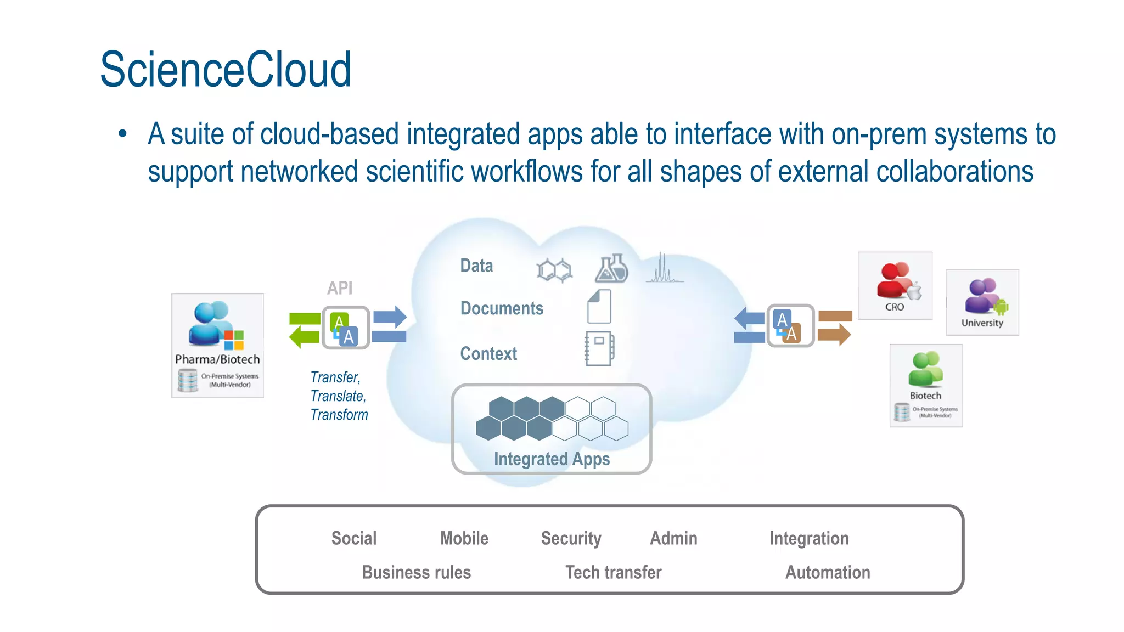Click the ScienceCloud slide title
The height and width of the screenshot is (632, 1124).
[225, 70]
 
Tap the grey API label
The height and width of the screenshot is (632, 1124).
[340, 288]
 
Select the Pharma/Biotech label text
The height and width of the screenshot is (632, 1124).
[217, 359]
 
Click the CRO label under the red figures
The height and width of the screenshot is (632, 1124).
[895, 307]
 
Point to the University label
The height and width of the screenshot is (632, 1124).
[982, 323]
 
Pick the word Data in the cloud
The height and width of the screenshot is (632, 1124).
[476, 266]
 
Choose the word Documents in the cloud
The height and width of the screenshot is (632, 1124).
[502, 308]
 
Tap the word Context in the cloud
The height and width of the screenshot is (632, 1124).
[488, 354]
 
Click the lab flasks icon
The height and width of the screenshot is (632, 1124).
[611, 268]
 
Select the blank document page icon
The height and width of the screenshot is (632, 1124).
[599, 307]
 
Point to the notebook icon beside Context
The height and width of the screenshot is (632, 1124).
[599, 348]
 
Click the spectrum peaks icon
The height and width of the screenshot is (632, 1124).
[664, 268]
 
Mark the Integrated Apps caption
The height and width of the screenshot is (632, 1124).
[552, 459]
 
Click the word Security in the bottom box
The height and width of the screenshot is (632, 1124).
[571, 538]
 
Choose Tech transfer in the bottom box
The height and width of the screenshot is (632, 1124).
[613, 572]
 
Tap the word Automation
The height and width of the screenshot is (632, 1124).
[828, 572]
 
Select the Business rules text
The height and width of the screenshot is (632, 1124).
[416, 572]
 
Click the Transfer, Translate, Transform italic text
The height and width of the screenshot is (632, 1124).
[339, 396]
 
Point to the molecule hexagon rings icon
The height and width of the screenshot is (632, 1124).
[554, 270]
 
